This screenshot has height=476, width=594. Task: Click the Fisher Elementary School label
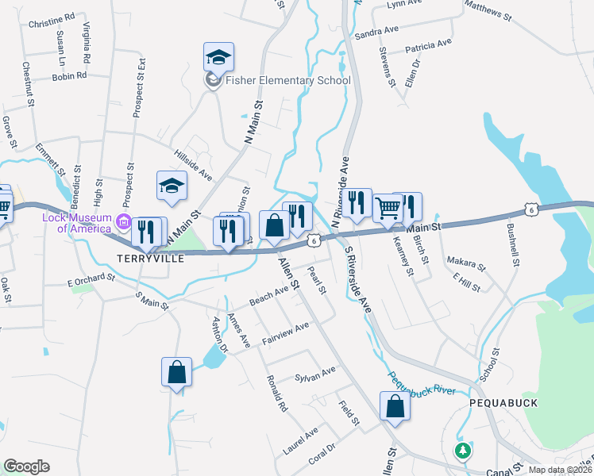287,80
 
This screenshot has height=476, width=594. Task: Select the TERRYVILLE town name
151,259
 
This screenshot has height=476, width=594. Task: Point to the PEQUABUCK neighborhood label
503,403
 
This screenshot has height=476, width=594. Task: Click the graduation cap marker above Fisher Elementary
218,57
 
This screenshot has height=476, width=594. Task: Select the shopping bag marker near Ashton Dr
176,373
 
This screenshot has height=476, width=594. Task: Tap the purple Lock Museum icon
123,221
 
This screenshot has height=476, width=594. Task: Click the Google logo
26,466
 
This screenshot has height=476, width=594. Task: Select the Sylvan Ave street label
315,373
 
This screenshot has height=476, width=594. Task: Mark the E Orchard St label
91,281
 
